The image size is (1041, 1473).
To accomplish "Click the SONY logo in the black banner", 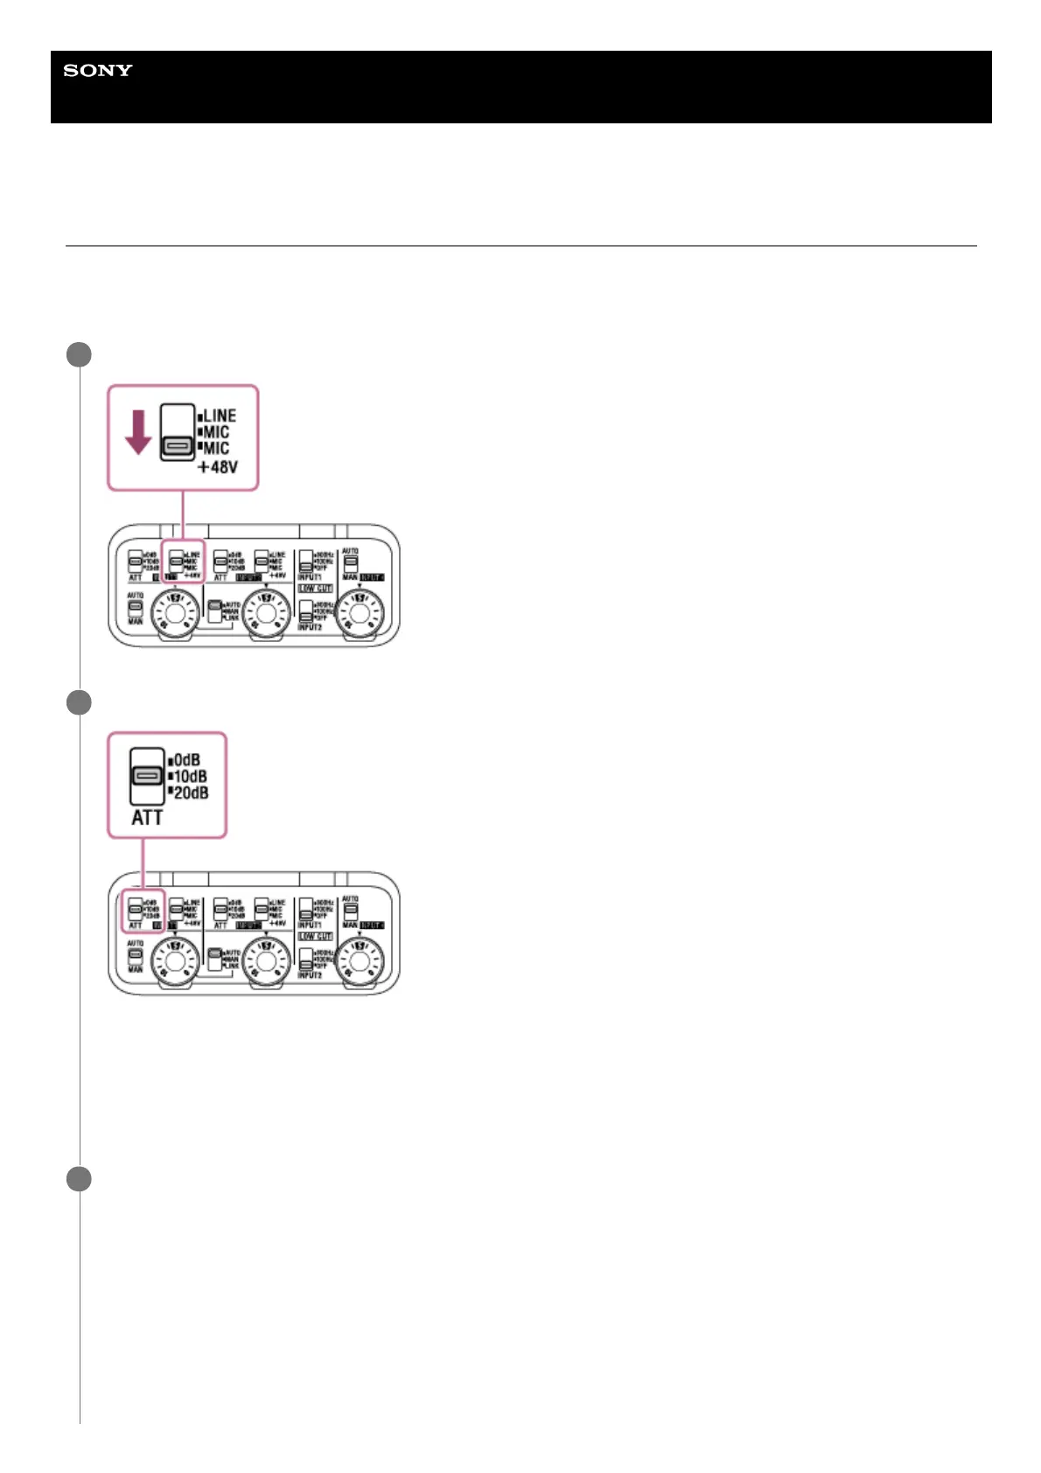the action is click(x=98, y=71).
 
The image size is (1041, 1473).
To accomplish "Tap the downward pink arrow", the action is click(x=137, y=434).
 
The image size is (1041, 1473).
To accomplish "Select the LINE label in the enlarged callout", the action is click(x=219, y=415).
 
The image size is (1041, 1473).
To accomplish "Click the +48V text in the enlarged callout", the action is click(x=218, y=467).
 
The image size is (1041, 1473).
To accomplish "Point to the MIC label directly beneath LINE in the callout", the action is click(x=216, y=432).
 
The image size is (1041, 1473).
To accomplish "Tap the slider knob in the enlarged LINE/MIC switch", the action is click(x=178, y=447).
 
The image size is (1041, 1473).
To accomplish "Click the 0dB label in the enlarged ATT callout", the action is click(x=186, y=759).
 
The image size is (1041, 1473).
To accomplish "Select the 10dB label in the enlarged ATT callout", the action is click(x=190, y=776).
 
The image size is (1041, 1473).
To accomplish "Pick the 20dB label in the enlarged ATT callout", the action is click(x=191, y=792).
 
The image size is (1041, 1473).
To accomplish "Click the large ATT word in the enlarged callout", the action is click(x=147, y=817).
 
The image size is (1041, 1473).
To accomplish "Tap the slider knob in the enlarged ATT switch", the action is click(x=147, y=776).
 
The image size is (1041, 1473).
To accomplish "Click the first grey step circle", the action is click(x=79, y=354).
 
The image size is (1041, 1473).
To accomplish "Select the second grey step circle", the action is click(x=79, y=702).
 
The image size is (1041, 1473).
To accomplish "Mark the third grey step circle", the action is click(x=79, y=1178).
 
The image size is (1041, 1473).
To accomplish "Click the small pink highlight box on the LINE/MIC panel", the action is click(x=184, y=561).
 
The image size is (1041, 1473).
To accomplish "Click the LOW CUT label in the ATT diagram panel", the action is click(x=315, y=936).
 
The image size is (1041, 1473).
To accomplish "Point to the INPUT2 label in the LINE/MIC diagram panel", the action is click(x=310, y=627).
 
